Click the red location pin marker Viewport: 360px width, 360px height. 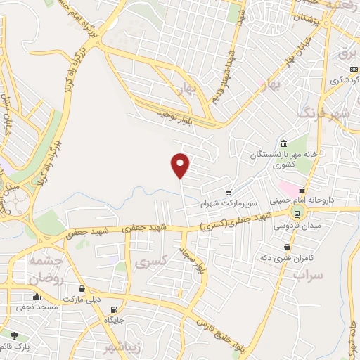181,165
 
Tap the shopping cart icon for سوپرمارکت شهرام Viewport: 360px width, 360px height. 229,192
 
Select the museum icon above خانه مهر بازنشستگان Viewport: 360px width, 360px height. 283,141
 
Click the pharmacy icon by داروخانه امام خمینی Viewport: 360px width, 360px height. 302,190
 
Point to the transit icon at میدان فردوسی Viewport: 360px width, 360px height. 297,214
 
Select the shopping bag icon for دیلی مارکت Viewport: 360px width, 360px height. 82,288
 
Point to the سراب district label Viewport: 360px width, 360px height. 307,275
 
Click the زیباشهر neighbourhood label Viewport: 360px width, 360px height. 129,347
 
